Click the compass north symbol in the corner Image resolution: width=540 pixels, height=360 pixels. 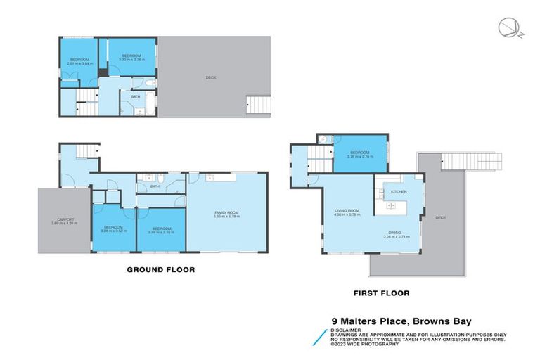[x=506, y=27]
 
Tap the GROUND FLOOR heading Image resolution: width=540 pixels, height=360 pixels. [x=160, y=269]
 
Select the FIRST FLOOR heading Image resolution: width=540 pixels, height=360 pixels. [x=380, y=293]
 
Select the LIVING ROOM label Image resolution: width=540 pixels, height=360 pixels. [x=347, y=210]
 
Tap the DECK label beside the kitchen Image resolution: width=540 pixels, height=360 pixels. [x=440, y=218]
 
